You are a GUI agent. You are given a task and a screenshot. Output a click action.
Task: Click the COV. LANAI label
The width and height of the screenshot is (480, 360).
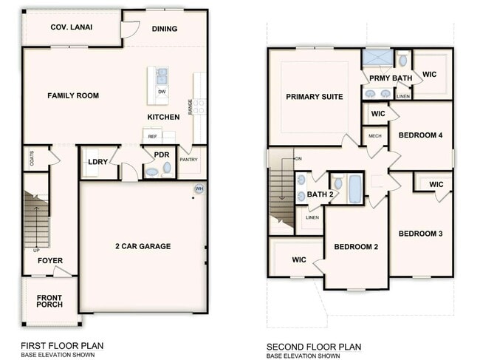click(x=70, y=28)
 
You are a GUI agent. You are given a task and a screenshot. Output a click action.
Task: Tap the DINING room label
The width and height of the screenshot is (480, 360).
click(x=165, y=30)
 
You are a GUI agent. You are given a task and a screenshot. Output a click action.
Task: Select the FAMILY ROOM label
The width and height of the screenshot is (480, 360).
click(x=73, y=95)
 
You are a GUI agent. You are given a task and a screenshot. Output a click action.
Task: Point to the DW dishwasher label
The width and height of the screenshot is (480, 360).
click(x=161, y=92)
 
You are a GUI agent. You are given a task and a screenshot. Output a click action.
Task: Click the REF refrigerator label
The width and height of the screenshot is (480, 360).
click(x=153, y=137)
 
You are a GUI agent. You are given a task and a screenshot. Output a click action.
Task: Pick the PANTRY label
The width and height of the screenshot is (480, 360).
click(x=188, y=159)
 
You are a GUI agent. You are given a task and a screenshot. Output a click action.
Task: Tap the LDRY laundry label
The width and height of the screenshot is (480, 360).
click(x=97, y=162)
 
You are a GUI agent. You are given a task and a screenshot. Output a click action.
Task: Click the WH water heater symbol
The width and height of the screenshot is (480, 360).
click(x=199, y=189)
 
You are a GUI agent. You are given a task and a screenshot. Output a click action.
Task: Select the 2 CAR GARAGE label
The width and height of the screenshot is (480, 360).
click(x=143, y=246)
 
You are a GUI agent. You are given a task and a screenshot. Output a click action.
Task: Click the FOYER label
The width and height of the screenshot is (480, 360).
click(x=50, y=261)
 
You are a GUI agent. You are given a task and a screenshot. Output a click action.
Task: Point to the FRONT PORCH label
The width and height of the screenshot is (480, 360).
click(x=49, y=299)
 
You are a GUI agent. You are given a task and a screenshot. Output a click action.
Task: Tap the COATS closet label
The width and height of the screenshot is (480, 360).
click(x=32, y=158)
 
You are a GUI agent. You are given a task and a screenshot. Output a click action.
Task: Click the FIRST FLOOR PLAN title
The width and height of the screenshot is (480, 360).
click(x=61, y=345)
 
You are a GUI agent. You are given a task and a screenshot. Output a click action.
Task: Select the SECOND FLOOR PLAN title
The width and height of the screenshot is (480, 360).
click(x=313, y=345)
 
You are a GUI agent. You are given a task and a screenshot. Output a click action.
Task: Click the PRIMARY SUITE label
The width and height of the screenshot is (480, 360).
click(x=315, y=97)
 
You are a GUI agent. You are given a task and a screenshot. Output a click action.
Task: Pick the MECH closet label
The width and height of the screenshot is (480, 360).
click(x=374, y=136)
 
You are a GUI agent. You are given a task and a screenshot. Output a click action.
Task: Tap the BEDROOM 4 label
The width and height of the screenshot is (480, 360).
click(x=420, y=135)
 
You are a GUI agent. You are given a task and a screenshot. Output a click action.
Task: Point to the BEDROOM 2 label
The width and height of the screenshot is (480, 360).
click(x=356, y=246)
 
